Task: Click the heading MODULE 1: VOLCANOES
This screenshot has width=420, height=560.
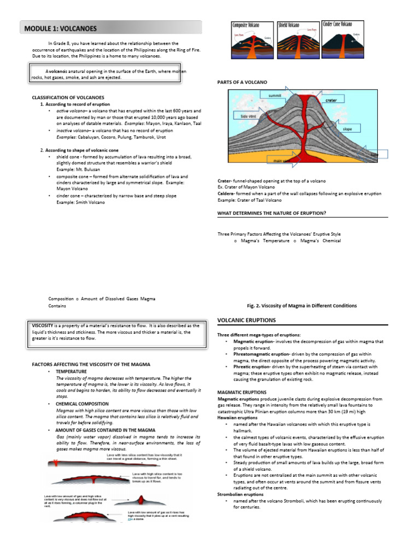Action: coord(60,28)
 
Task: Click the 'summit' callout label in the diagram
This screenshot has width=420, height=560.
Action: coord(275,95)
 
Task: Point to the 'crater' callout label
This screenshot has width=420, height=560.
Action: coord(331,101)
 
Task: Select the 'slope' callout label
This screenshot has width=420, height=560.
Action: coord(347,129)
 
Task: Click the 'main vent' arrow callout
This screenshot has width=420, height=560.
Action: coord(282,160)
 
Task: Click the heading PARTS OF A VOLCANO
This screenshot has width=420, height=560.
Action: coord(242,82)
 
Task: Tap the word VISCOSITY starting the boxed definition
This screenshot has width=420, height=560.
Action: coord(43,325)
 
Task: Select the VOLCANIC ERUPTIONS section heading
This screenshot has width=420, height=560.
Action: coord(247,320)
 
